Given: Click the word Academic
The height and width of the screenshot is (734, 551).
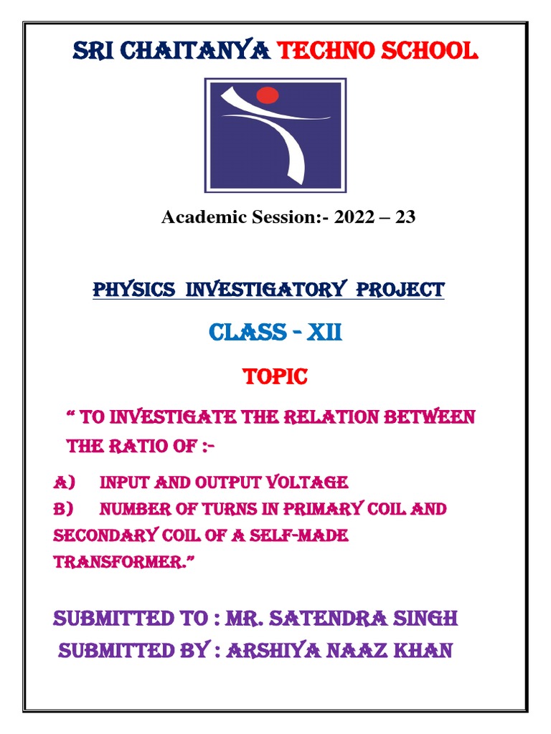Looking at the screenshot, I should [x=195, y=217].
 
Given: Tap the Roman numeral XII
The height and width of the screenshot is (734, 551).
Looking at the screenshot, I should [x=324, y=333].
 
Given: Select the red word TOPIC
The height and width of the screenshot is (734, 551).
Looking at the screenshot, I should [x=275, y=377].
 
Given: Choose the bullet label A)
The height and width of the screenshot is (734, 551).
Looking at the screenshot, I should [x=63, y=482].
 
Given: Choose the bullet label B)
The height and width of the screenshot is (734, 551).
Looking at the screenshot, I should [x=63, y=509].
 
